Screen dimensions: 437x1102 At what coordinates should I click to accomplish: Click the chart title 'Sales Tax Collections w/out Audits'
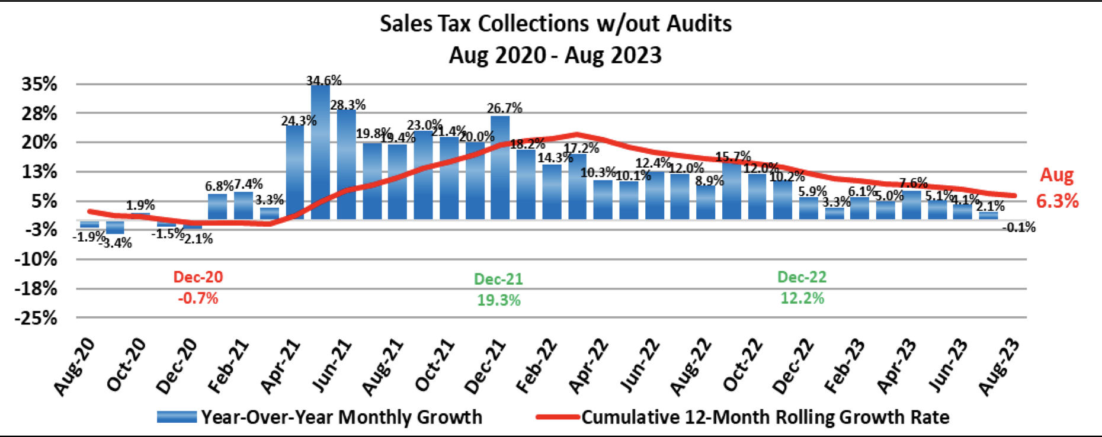click(555, 24)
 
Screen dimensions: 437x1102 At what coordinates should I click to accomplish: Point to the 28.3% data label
click(348, 105)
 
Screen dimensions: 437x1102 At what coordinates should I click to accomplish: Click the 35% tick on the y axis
click(40, 84)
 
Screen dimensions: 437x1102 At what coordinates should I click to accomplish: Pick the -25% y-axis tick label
click(37, 318)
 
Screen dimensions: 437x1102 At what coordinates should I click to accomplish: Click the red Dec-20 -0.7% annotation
click(198, 288)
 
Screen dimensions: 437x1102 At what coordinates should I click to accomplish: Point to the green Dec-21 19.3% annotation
click(498, 290)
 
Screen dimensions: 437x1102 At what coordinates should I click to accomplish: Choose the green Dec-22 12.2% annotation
click(802, 288)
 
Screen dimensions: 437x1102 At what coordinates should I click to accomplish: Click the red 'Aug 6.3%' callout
click(1058, 188)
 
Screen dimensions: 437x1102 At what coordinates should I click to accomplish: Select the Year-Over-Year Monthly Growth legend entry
click(320, 417)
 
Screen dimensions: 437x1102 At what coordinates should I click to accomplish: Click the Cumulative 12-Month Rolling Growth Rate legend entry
click(743, 417)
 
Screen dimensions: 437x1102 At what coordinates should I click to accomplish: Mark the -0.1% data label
click(1019, 227)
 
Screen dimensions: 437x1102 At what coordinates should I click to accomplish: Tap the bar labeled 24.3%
click(295, 172)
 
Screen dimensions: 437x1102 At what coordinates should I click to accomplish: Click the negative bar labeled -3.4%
click(115, 227)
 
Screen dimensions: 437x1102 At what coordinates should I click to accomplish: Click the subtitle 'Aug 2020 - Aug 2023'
click(555, 55)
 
